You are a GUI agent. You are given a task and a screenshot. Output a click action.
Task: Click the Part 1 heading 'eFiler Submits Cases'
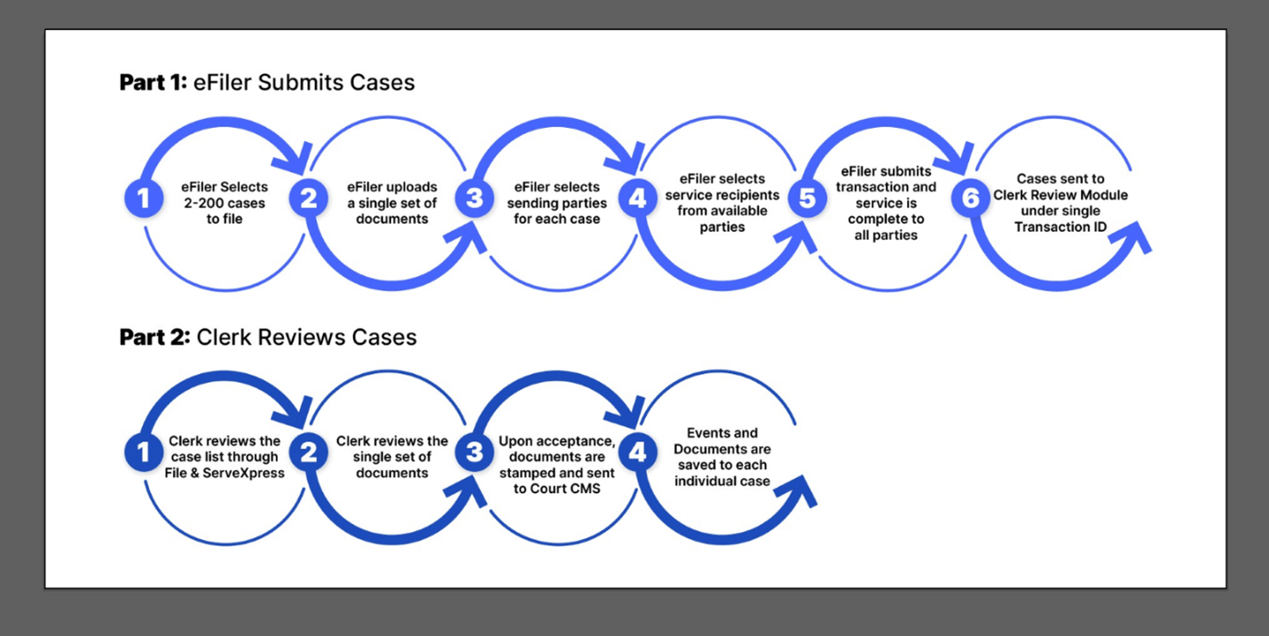pos(267,83)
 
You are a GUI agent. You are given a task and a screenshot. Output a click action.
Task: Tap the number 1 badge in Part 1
pos(143,198)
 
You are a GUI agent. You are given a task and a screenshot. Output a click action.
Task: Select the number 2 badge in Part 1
pos(308,198)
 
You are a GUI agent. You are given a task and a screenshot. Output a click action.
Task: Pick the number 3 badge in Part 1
pos(474,198)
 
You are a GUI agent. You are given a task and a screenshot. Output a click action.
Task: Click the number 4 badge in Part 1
pos(637,198)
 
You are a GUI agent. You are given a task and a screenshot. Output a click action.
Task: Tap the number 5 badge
pos(806,198)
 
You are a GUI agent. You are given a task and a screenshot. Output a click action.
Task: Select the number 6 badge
pos(969,198)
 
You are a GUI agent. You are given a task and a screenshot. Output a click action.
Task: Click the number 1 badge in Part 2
pos(143,453)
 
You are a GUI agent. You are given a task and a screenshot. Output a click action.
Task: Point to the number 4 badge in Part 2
pos(637,453)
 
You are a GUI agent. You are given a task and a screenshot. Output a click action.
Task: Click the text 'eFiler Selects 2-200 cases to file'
pos(225,203)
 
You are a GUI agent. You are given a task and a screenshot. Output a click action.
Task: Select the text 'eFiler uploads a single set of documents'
pos(391,203)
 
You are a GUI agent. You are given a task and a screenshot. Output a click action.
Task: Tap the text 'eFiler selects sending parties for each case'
pos(556,203)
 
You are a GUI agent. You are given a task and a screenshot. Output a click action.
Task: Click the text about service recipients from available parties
pos(721,203)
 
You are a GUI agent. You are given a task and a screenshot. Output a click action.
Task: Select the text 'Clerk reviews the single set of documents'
pos(391,457)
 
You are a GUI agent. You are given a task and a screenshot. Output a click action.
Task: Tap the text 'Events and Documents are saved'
pos(721,441)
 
